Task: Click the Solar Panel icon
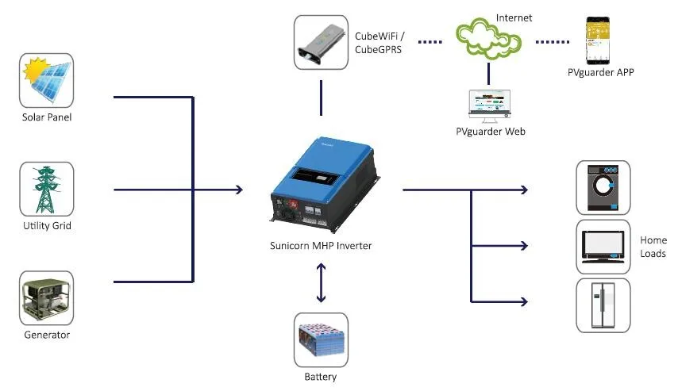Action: coord(46,80)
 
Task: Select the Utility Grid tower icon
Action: coord(46,189)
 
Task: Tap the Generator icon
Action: coord(46,297)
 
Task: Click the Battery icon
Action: coord(321,339)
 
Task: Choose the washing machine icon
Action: coord(603,187)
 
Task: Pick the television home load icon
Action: coord(603,246)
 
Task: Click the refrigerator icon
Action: coord(603,305)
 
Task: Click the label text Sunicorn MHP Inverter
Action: coord(321,246)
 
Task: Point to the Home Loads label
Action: coord(653,247)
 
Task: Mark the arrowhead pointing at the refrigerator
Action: coord(523,301)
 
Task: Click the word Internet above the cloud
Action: coord(514,17)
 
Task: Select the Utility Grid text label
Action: coord(46,227)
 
